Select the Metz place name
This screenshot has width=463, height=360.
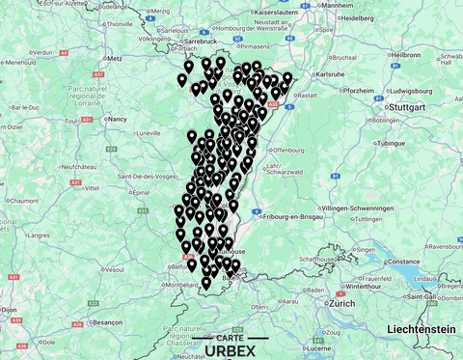116,58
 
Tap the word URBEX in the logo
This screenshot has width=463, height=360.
231,350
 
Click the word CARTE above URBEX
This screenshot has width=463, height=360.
231,337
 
